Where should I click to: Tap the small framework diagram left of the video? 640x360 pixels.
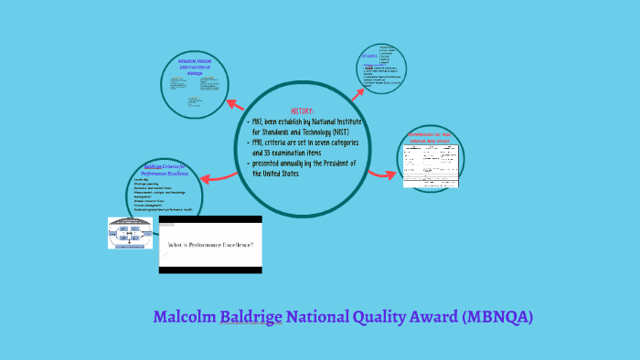(132, 233)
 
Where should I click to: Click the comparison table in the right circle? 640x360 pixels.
(430, 164)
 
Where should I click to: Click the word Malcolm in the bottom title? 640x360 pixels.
(185, 317)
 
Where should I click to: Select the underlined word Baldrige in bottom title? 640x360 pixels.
(251, 317)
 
